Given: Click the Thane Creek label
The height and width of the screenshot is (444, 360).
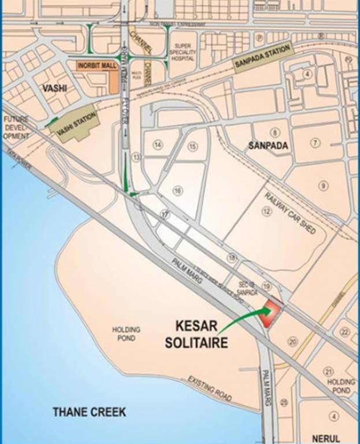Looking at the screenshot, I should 89,412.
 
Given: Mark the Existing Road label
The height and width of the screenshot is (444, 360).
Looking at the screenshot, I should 210,388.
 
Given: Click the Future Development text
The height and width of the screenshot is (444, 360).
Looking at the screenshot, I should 15,127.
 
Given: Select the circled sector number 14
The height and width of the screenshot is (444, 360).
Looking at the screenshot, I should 158,146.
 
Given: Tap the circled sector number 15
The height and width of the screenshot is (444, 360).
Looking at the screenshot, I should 192,147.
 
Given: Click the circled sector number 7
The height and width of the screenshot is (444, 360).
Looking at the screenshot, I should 315,143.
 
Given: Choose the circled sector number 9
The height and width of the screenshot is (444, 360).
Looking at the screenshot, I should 323,186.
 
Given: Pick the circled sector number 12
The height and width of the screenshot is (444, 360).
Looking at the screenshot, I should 266,212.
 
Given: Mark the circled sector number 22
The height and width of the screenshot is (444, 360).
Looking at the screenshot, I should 345,331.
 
